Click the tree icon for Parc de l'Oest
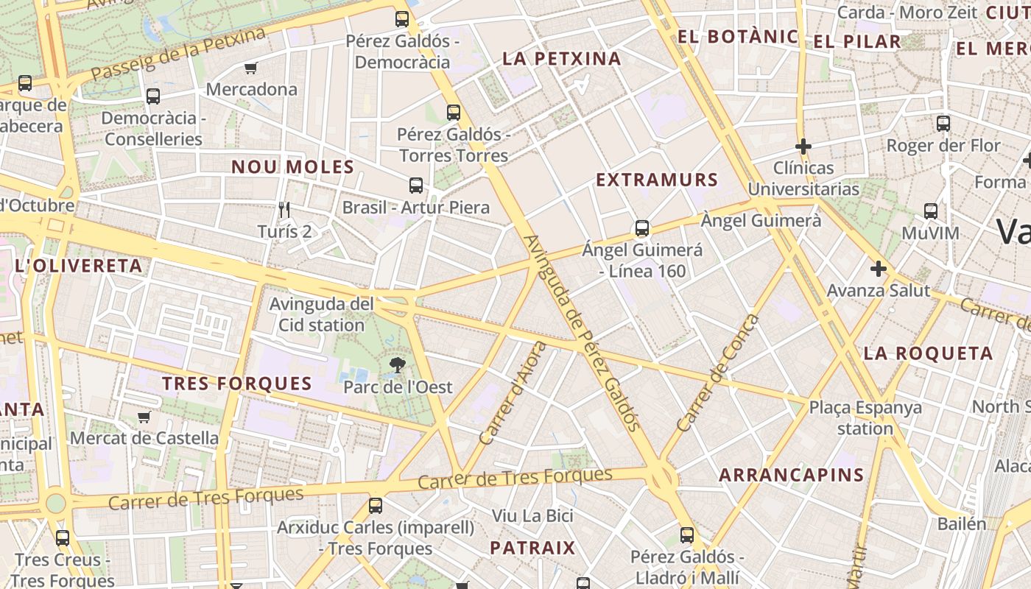(398, 364)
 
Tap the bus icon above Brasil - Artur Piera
(416, 186)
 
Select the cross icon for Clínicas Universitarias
(803, 146)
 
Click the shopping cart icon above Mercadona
(250, 68)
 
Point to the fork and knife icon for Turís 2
(285, 210)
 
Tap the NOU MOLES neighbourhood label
(293, 167)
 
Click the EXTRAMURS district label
(657, 180)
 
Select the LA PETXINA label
(562, 59)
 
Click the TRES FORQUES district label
(237, 384)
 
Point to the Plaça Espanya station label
(865, 417)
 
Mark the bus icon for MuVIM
(931, 211)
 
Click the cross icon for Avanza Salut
(878, 269)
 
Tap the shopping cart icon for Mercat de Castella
(144, 417)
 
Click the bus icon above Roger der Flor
(943, 124)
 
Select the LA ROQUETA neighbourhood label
(928, 353)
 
